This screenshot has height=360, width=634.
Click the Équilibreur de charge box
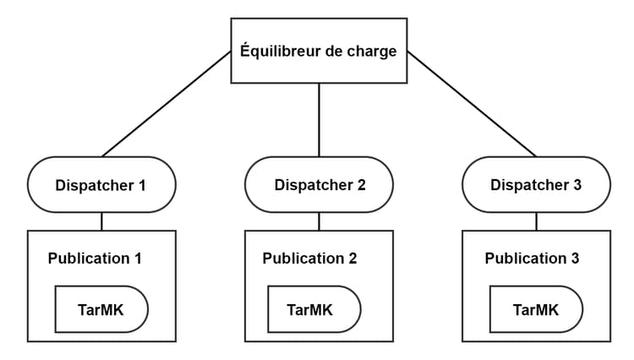pos(319,51)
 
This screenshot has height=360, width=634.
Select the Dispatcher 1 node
pos(101,184)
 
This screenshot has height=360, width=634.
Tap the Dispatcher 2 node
pos(319,184)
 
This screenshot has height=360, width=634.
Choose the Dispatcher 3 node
pos(536,184)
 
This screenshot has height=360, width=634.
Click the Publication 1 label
pos(95,258)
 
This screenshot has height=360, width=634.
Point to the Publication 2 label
pos(310,258)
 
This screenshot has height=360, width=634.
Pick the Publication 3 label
pos(533,258)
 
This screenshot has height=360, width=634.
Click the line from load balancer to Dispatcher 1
pos(167,103)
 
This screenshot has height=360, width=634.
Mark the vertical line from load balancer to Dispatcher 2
pos(319,120)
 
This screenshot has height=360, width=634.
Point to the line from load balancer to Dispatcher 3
pos(471,103)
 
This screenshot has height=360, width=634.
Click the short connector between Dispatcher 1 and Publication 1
pos(101,221)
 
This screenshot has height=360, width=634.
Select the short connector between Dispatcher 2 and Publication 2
pos(319,221)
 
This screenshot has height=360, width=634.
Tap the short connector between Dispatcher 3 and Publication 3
pos(536,221)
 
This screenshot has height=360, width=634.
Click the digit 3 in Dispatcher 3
pos(577,184)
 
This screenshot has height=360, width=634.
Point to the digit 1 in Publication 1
pos(137,258)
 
